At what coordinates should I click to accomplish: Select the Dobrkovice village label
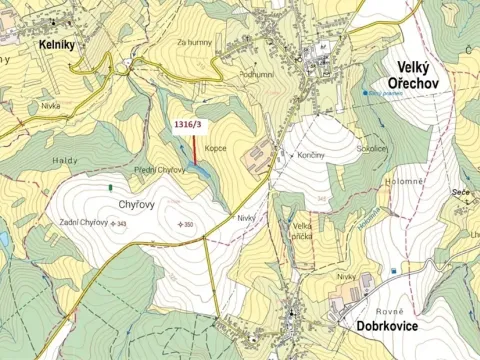click(399, 326)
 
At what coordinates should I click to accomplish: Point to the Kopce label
click(216, 148)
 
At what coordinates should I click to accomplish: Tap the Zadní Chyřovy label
click(83, 223)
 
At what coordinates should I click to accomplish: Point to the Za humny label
click(195, 42)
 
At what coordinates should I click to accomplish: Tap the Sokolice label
click(371, 147)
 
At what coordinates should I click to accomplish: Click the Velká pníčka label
click(303, 232)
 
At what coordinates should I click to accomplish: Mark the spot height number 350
click(188, 224)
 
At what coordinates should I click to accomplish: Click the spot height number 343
click(121, 224)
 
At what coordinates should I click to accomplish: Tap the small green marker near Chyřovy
click(110, 187)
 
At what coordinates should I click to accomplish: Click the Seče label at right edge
click(460, 191)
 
